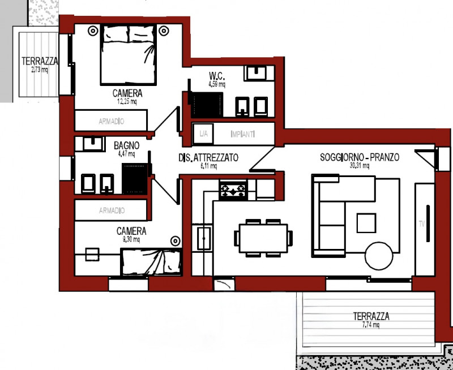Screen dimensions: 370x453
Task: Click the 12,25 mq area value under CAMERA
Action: point(127,102)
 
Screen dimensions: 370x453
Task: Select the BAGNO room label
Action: point(126,145)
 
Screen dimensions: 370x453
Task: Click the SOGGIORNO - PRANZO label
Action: point(359,158)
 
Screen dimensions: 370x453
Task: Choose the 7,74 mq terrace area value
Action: point(371,325)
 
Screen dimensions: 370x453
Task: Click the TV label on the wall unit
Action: point(422,224)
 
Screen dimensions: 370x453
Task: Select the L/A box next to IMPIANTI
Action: point(202,134)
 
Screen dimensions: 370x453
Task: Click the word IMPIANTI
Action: point(243,134)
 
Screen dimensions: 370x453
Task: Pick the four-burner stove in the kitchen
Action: point(233,190)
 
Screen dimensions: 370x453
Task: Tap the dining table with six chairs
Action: point(263,237)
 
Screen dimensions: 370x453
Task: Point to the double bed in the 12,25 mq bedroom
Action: point(128,55)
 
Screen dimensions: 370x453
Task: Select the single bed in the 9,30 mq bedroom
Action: point(151,262)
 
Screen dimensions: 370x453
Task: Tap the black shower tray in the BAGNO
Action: point(135,179)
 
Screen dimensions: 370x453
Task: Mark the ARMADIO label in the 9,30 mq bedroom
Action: point(111,210)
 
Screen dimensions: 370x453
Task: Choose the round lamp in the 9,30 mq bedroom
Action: point(175,240)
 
